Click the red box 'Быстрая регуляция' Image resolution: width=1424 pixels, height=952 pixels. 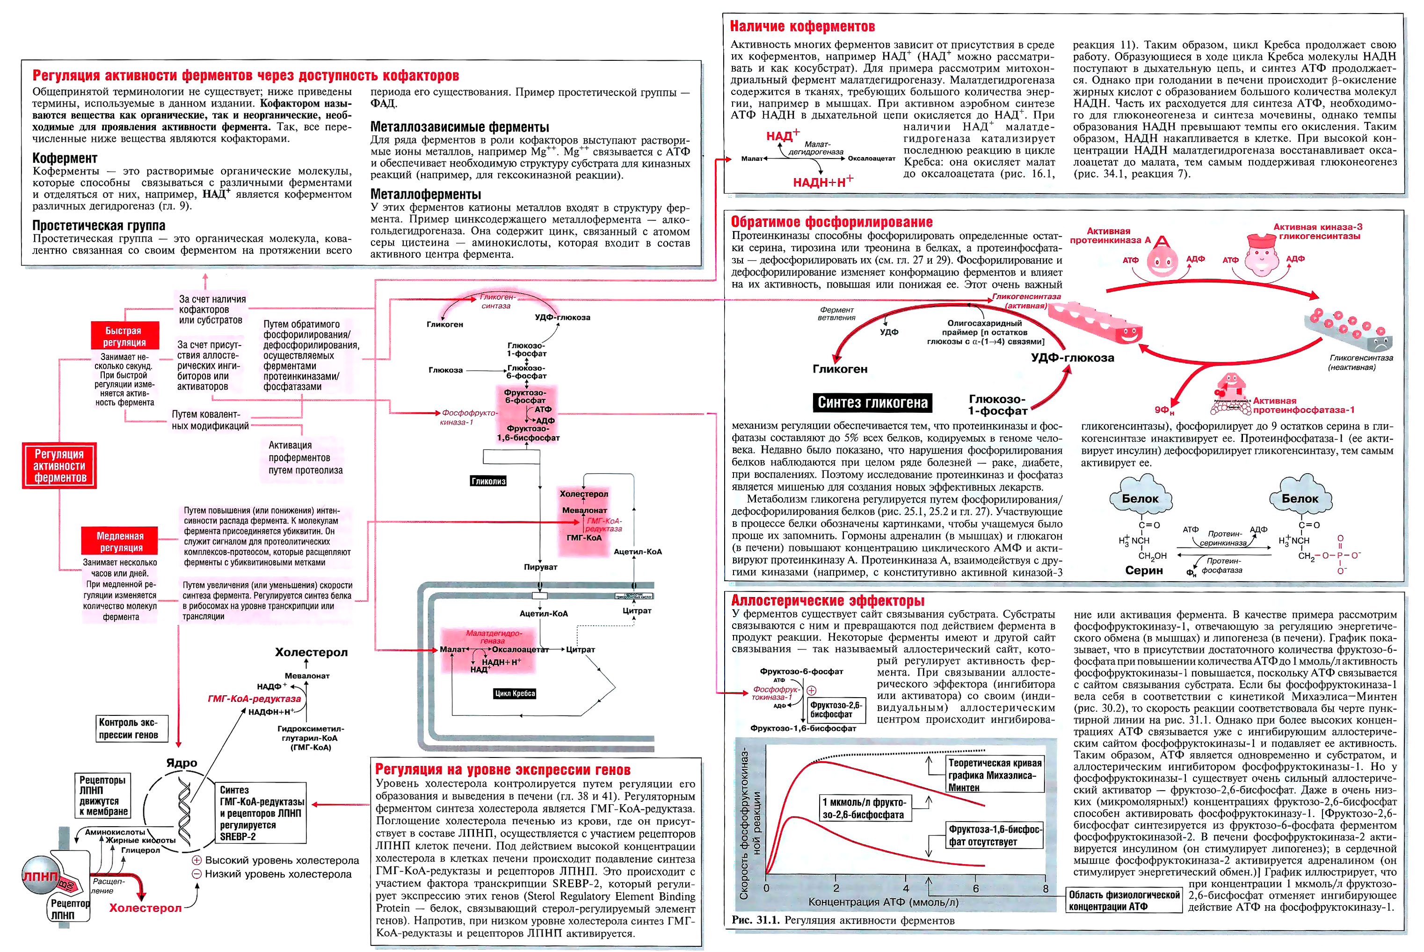[x=124, y=336]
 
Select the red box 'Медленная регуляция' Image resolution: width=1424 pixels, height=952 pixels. [x=121, y=541]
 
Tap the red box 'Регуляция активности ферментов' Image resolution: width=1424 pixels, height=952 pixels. [x=59, y=466]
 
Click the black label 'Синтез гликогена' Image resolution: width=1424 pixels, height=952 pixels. [x=872, y=403]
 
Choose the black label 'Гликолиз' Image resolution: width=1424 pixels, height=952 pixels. [x=488, y=481]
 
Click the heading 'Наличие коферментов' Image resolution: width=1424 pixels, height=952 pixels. [x=801, y=27]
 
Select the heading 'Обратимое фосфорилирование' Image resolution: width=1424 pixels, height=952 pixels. [x=831, y=222]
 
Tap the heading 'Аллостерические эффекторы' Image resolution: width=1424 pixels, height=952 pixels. [x=827, y=600]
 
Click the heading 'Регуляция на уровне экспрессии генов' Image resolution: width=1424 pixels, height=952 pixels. [x=502, y=770]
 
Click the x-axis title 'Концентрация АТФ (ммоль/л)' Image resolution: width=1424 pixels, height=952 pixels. [x=883, y=902]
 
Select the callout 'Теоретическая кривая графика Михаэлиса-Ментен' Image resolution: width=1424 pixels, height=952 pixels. [x=994, y=775]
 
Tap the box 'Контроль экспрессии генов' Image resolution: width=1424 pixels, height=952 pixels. [x=129, y=728]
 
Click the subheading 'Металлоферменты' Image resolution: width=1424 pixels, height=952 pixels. [x=425, y=195]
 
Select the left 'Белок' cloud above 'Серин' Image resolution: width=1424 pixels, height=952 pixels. [x=1139, y=498]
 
